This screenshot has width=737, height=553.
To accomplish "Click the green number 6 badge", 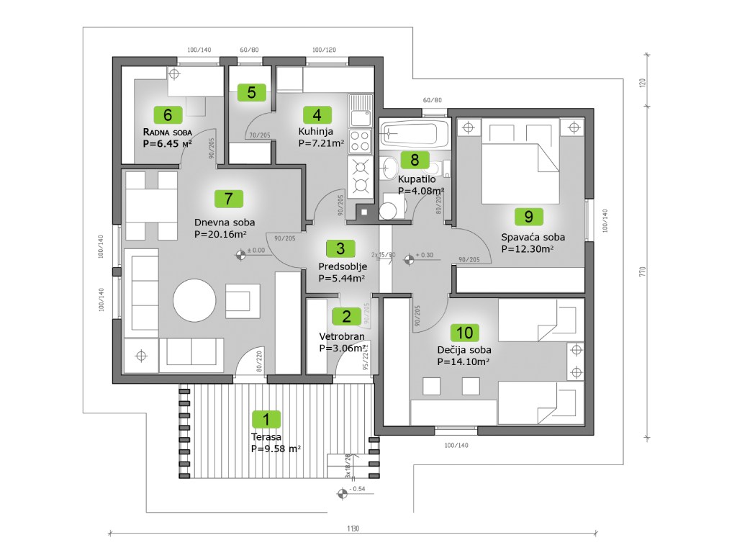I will point(167,114).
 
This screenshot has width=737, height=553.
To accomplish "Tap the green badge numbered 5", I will point(251,92).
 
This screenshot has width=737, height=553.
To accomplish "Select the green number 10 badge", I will point(465,332).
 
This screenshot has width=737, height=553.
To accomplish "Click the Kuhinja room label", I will point(316,131).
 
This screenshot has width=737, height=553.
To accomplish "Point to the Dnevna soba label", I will point(225,222).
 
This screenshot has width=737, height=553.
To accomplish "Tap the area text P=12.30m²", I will point(527,249).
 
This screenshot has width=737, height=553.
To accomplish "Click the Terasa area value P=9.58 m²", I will point(276,448).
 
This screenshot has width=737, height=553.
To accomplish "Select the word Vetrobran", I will point(342,336).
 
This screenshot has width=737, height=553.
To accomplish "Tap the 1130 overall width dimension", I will point(352,529).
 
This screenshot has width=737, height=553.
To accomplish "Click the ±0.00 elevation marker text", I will point(256,251).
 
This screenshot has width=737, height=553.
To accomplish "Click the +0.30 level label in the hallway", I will point(425,255).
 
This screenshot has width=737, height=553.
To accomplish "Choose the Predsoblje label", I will point(342,266).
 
